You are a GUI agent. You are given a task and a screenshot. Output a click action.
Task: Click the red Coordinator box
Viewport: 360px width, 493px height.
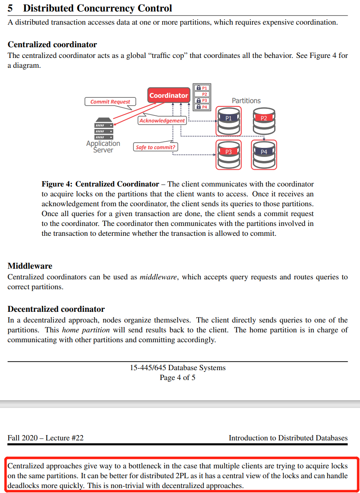[x=169, y=95]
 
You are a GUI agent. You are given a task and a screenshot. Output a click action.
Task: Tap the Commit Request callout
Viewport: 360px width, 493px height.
[x=110, y=101]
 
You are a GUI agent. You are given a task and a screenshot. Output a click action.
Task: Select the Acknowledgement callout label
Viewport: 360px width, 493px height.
[x=162, y=121]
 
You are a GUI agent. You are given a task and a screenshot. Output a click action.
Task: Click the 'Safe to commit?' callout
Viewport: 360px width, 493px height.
[x=155, y=147]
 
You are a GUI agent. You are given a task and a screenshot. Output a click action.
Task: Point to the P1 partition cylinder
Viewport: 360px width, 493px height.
[x=229, y=122]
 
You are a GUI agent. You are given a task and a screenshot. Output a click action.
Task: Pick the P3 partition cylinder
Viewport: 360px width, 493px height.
[x=229, y=155]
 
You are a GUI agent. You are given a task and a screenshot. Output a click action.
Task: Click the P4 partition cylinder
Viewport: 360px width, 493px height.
[x=264, y=155]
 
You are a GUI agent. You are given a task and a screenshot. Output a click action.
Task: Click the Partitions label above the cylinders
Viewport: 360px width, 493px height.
[x=246, y=101]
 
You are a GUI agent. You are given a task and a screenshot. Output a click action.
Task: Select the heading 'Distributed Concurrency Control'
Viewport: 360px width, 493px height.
[x=97, y=8]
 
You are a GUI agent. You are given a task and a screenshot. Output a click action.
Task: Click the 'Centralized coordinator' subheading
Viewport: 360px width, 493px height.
[x=53, y=44]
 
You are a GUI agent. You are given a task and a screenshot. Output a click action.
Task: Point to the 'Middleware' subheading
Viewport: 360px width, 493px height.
[x=30, y=266]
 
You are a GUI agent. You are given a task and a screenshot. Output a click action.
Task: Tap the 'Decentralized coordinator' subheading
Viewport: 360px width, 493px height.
[x=56, y=309]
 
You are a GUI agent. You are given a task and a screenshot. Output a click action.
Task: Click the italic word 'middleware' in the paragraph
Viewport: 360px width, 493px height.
[x=158, y=277]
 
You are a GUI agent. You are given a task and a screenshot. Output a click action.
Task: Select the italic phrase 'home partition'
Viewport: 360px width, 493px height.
[x=86, y=330]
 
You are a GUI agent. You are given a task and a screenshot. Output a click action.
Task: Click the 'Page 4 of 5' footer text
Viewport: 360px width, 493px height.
[x=177, y=378]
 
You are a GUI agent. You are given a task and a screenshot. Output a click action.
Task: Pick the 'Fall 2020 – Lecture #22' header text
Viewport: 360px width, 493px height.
[x=46, y=438]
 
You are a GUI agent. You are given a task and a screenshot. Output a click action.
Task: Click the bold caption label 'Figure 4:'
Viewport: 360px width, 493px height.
[x=57, y=184]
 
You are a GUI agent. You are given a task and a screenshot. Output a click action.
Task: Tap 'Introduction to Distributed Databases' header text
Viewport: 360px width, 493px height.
[x=288, y=438]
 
